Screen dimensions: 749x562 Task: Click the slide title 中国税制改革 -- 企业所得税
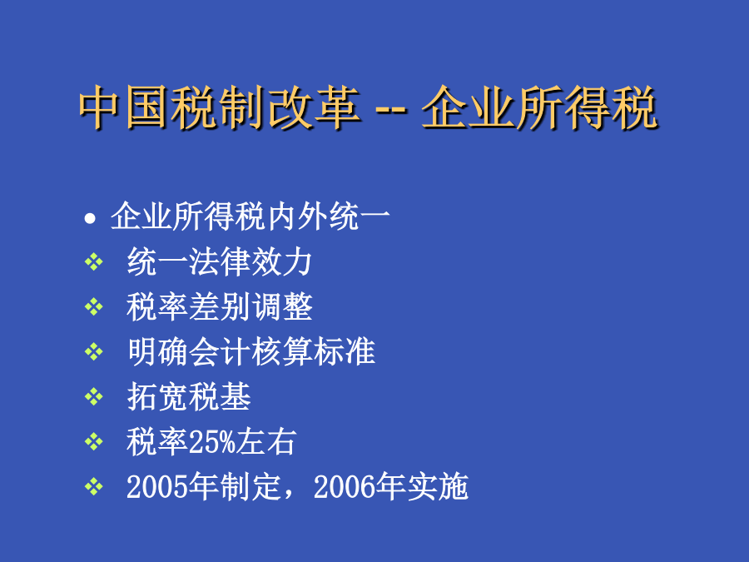pos(369,107)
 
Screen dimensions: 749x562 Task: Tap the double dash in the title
pos(391,112)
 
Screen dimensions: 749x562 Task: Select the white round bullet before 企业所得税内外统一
pos(90,218)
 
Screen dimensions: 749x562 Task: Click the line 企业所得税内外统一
pos(250,216)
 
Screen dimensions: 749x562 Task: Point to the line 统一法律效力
pos(219,261)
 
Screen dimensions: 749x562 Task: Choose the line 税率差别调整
pos(219,306)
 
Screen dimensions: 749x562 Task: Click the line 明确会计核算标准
pos(251,351)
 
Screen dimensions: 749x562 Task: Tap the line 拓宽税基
pos(189,396)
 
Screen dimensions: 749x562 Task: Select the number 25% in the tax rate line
pos(212,441)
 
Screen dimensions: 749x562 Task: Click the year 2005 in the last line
pos(157,486)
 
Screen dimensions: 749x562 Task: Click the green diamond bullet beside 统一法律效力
pos(93,261)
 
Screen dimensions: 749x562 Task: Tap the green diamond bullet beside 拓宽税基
pos(93,396)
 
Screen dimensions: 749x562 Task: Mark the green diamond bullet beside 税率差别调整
pos(93,306)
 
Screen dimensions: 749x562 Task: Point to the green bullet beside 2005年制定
pos(93,486)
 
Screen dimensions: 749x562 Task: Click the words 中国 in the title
pos(125,107)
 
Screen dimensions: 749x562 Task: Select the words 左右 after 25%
pos(266,441)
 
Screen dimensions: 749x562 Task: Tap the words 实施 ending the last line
pos(438,486)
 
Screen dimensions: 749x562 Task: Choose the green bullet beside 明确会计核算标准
pos(93,351)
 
